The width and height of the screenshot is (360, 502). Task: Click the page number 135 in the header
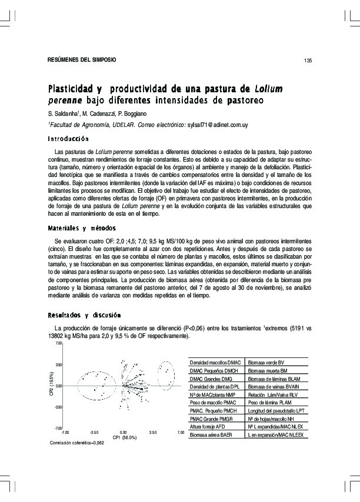point(308,61)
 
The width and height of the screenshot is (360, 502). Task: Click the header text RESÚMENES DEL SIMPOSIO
point(82,61)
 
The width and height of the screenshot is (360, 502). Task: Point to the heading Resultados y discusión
point(84,315)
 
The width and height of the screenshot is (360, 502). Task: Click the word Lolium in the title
point(269,89)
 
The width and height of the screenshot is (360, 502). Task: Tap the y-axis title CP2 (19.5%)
point(51,385)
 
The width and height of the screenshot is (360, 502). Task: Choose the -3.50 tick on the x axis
point(94,432)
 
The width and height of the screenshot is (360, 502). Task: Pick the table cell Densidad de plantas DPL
point(215,387)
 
